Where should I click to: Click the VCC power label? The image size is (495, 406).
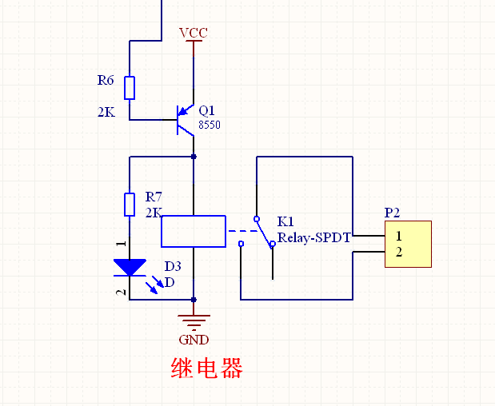pyautogui.click(x=193, y=33)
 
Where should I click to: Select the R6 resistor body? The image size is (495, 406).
pyautogui.click(x=130, y=88)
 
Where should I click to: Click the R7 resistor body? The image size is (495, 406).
pyautogui.click(x=130, y=204)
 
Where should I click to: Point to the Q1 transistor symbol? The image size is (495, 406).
pyautogui.click(x=186, y=120)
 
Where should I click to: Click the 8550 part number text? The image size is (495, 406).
pyautogui.click(x=209, y=125)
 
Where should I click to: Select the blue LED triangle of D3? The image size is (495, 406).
pyautogui.click(x=130, y=266)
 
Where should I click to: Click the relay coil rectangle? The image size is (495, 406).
pyautogui.click(x=193, y=231)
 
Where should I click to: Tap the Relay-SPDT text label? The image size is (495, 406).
pyautogui.click(x=314, y=237)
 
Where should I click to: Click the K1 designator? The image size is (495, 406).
pyautogui.click(x=285, y=221)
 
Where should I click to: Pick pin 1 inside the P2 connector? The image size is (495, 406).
pyautogui.click(x=398, y=236)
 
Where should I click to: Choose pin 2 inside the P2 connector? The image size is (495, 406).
pyautogui.click(x=398, y=253)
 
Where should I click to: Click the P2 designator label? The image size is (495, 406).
pyautogui.click(x=392, y=213)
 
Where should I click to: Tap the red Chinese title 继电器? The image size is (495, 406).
pyautogui.click(x=206, y=368)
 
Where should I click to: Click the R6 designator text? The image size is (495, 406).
pyautogui.click(x=106, y=80)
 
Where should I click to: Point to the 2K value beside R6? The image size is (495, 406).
pyautogui.click(x=106, y=113)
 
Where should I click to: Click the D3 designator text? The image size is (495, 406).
pyautogui.click(x=173, y=266)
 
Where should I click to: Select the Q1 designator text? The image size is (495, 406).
pyautogui.click(x=207, y=110)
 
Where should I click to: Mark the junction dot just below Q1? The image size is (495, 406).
pyautogui.click(x=193, y=157)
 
